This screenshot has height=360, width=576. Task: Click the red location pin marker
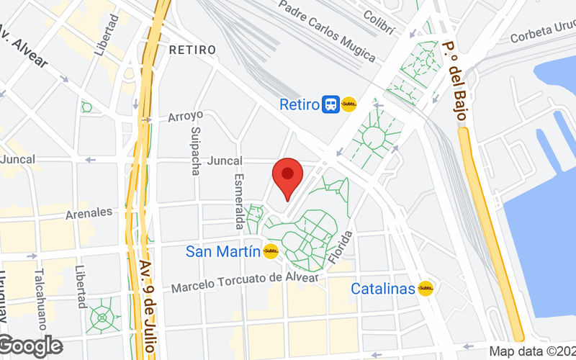tap(287, 176)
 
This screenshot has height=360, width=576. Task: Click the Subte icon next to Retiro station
tap(349, 104)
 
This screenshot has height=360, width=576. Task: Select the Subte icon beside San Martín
tap(271, 251)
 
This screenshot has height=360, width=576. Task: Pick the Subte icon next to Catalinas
tap(426, 289)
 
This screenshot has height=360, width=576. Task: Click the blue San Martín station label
tap(222, 251)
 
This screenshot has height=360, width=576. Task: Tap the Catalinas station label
tap(383, 289)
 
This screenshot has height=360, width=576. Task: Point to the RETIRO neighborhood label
tap(192, 50)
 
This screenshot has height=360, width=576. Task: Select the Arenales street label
tap(89, 212)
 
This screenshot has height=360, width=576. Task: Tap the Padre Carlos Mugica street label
tap(327, 32)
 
